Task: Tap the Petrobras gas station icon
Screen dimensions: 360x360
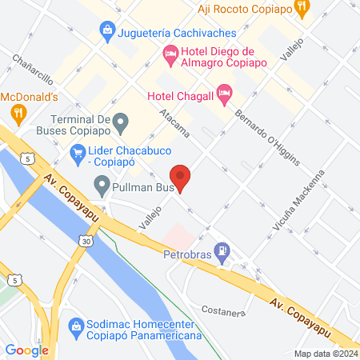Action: coord(223,250)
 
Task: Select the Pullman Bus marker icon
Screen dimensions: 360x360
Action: coord(102,188)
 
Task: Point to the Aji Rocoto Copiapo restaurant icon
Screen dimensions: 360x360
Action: coord(301,10)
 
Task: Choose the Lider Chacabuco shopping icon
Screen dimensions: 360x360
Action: coord(78,150)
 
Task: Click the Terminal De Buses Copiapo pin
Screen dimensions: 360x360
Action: coord(121,123)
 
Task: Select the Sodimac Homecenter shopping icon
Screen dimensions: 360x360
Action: coord(76,326)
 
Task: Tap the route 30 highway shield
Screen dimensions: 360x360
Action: coord(86,241)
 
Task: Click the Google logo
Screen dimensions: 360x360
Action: coord(26,350)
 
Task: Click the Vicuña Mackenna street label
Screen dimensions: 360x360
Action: coord(307,201)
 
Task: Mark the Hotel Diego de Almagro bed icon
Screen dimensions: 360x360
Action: coord(170,54)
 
